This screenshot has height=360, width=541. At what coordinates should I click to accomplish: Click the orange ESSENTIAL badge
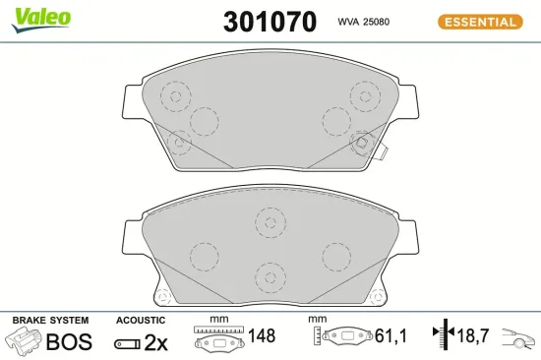pos(481,22)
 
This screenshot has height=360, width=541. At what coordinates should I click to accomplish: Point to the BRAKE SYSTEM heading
pos(50,321)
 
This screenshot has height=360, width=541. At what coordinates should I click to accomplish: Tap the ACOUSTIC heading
pos(140,321)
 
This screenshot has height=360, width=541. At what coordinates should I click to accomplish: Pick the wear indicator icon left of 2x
pos(127,343)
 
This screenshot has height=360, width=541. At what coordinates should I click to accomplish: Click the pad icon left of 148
pos(218,339)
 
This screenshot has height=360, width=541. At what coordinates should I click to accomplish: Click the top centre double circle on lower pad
pos(269,223)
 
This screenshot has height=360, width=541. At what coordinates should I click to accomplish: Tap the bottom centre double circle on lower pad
pos(269,275)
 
